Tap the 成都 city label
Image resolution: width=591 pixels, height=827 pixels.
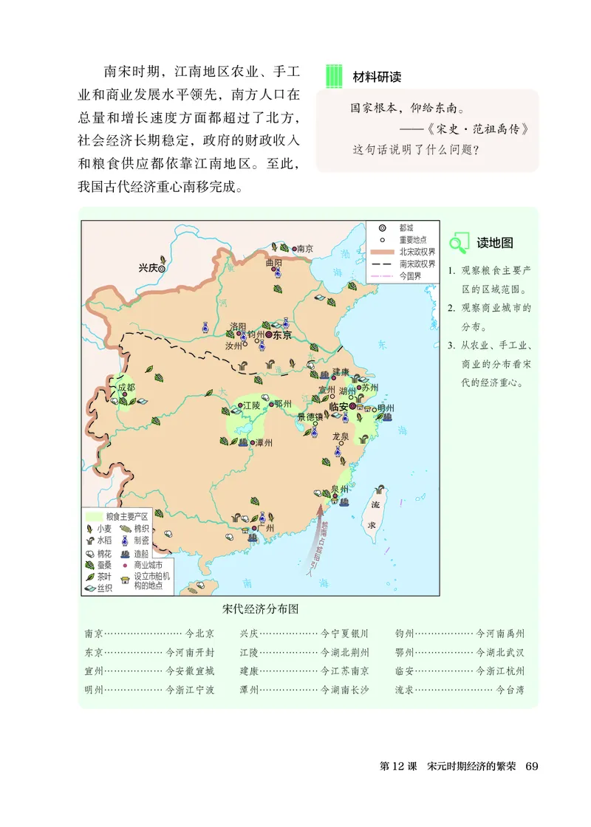click(126, 387)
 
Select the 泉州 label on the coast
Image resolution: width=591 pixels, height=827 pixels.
click(340, 489)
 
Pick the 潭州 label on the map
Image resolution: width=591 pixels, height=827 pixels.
click(262, 443)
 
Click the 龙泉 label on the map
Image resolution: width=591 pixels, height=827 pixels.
click(341, 436)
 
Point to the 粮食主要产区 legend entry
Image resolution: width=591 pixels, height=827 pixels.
click(127, 516)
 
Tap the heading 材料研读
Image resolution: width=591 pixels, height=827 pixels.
click(377, 77)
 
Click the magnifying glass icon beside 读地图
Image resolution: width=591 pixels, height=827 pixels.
click(459, 242)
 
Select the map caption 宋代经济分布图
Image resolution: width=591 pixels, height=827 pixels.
click(264, 609)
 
